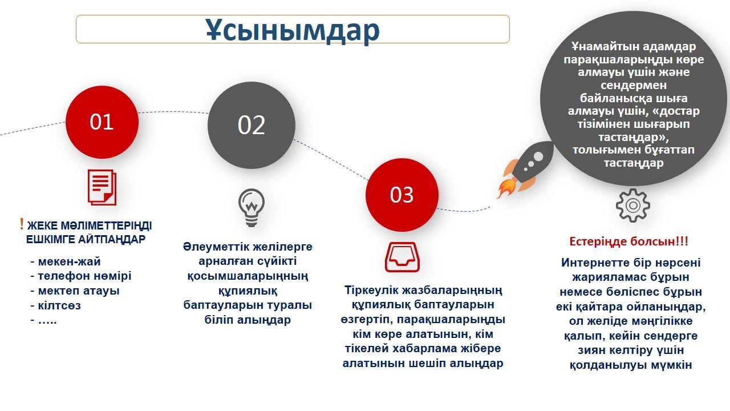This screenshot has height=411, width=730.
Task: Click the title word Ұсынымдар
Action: [293, 30]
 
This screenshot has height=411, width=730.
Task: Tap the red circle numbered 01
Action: [102, 122]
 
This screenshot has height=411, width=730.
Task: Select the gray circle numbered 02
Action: [252, 125]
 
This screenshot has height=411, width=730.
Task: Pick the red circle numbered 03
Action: [402, 195]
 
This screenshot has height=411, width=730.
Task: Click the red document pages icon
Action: [102, 187]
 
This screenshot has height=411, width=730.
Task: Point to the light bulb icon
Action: [252, 208]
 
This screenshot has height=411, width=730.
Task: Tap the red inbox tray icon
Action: [402, 257]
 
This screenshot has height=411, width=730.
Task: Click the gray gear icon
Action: [633, 205]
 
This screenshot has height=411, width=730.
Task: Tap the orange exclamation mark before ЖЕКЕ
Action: [22, 224]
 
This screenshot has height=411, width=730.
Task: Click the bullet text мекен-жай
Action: [70, 261]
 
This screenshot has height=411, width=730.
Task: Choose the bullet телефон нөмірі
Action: [85, 276]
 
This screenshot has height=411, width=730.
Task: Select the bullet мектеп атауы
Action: [79, 291]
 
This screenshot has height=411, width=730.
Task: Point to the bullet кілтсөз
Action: [59, 305]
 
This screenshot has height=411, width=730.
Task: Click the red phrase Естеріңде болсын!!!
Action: [629, 241]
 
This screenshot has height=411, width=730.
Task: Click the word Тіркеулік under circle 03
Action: [371, 290]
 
